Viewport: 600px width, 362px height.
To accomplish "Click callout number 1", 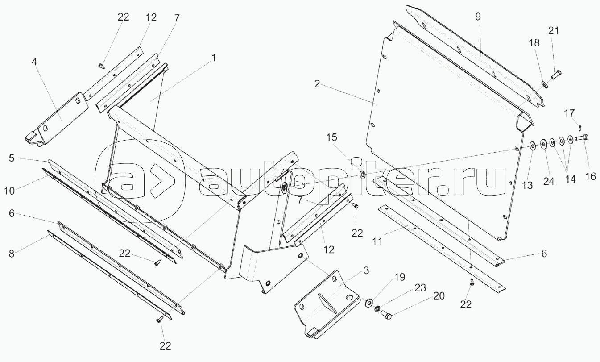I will click(x=214, y=58).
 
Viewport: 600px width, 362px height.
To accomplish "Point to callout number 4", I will click(x=34, y=62).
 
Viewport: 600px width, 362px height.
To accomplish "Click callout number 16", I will click(x=590, y=177).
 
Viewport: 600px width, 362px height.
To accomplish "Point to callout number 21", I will click(x=553, y=31).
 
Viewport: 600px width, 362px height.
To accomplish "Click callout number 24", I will click(x=549, y=181).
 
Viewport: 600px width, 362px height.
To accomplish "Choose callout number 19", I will click(x=399, y=277).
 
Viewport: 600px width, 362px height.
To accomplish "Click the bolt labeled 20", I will click(x=387, y=316).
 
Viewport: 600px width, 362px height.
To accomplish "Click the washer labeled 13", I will click(x=532, y=146).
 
